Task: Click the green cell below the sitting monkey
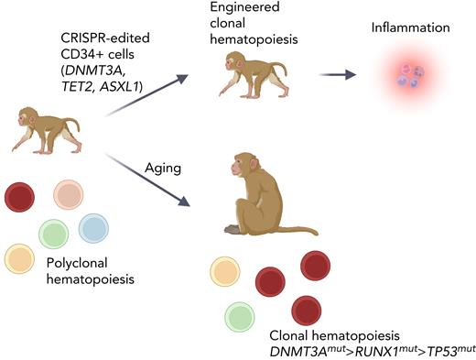240,316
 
